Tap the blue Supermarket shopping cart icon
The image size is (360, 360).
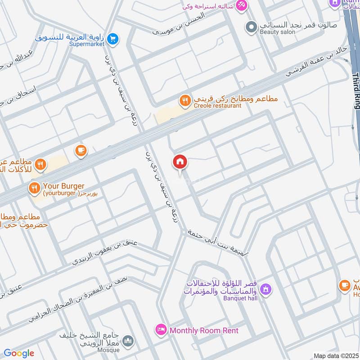click(113, 39)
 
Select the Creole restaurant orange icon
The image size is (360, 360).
click(184, 101)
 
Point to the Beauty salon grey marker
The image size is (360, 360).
click(251, 27)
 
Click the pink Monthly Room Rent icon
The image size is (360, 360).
click(160, 330)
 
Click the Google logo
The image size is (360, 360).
click(18, 353)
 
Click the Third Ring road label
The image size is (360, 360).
click(355, 90)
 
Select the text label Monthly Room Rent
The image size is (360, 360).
click(204, 330)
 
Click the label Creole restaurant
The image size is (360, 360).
click(218, 106)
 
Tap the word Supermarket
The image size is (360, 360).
click(87, 44)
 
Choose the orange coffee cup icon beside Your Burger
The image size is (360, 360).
click(81, 150)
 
